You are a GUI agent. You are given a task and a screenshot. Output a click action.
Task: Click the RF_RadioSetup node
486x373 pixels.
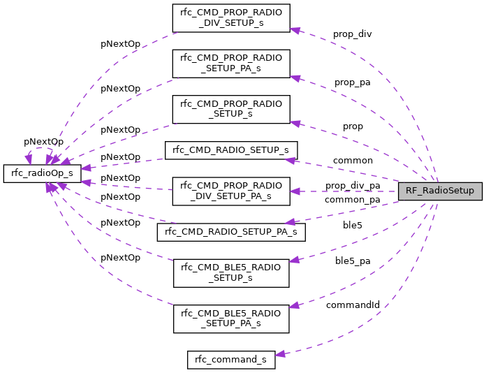(x=440, y=191)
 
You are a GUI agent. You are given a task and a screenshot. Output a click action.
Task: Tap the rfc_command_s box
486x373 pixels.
(x=231, y=360)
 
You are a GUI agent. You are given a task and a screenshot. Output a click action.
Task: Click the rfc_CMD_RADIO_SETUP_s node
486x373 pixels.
(x=231, y=150)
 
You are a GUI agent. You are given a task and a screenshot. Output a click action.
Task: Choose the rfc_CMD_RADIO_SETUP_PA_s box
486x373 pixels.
(x=231, y=231)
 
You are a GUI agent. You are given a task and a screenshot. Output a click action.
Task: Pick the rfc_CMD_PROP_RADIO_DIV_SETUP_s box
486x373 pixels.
(x=231, y=18)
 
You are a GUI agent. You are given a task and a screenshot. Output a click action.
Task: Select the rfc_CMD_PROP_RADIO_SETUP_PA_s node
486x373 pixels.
(x=231, y=64)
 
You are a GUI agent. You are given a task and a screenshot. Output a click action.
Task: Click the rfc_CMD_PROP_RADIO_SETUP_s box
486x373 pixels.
(x=231, y=109)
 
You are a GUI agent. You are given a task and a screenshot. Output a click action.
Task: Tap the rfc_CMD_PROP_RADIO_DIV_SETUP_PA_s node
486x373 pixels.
(x=231, y=191)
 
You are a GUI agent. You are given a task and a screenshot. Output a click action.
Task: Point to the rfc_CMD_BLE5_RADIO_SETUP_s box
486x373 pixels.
(x=231, y=272)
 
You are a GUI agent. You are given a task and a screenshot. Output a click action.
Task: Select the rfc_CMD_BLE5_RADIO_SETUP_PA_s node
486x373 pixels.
(x=231, y=319)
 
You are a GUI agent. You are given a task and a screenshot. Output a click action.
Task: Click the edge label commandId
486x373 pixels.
(x=353, y=305)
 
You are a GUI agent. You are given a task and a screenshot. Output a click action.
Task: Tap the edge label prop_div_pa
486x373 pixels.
(x=353, y=185)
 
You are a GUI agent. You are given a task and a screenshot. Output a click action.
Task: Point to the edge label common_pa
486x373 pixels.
(x=352, y=200)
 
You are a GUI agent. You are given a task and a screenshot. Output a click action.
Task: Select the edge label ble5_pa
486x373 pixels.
(x=353, y=261)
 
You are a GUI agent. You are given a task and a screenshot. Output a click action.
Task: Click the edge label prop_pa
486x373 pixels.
(x=353, y=82)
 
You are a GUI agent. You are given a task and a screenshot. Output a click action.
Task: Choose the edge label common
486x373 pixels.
(x=353, y=160)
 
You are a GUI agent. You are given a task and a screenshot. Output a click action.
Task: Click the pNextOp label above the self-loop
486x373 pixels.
(x=43, y=141)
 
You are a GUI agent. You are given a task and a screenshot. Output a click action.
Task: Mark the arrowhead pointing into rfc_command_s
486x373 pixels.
(x=280, y=355)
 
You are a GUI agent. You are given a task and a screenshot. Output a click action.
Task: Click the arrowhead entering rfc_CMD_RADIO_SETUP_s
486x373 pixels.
(x=290, y=159)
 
